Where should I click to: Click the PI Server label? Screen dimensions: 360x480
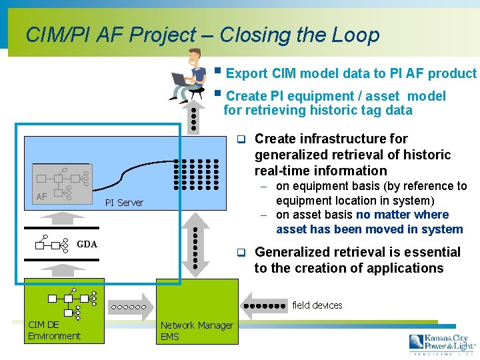coord(125,202)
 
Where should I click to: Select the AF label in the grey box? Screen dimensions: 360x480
coord(41,196)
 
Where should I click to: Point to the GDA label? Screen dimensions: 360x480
coord(87,244)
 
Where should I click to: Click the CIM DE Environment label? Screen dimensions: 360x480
coord(54,330)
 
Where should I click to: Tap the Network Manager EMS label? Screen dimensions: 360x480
coord(197,331)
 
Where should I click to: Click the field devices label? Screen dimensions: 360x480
coord(317,305)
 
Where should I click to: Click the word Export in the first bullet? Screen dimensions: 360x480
coord(247,73)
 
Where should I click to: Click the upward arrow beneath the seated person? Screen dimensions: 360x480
coord(194,120)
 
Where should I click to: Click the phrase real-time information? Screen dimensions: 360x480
coord(321,171)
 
